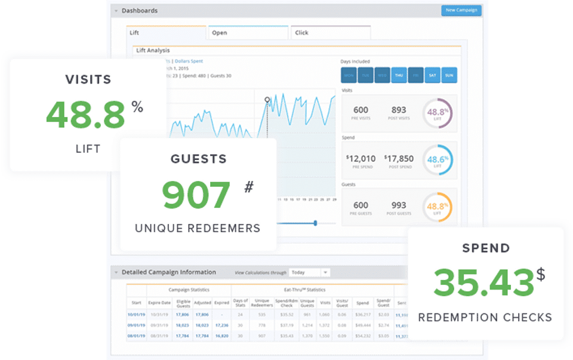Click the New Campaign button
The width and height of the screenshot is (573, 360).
[x=461, y=10]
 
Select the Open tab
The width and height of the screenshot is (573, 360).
[x=248, y=33]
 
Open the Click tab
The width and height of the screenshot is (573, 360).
[x=330, y=33]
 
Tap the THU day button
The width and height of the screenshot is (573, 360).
[x=398, y=75]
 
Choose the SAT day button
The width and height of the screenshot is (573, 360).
[x=432, y=75]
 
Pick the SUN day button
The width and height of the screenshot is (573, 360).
[x=449, y=75]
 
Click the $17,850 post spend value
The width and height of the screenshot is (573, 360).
[x=399, y=159]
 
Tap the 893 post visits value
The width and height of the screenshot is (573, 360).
[x=399, y=110]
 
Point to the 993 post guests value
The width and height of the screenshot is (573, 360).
[x=399, y=205]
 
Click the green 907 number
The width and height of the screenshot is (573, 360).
[x=196, y=195]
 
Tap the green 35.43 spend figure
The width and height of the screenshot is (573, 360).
[x=483, y=282]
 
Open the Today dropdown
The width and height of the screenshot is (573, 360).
[x=309, y=272]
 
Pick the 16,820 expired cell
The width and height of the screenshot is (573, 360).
[x=221, y=336]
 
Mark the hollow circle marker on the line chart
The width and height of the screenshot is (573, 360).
[x=267, y=99]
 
